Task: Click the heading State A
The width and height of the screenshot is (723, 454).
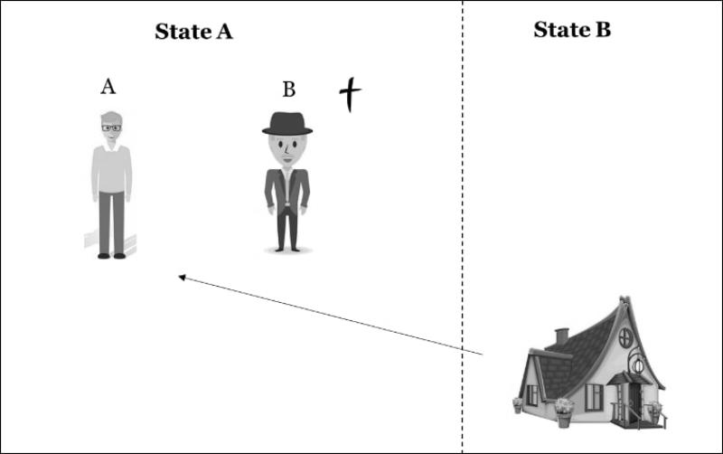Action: [x=193, y=32]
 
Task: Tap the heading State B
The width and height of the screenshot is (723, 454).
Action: [x=572, y=30]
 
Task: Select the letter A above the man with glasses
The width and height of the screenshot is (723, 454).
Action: [x=108, y=86]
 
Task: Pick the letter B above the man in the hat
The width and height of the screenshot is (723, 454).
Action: [x=288, y=89]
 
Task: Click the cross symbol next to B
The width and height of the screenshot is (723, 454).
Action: [x=350, y=94]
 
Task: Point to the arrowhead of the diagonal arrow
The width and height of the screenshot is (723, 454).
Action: [x=182, y=278]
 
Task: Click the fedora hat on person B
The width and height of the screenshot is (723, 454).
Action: [x=287, y=124]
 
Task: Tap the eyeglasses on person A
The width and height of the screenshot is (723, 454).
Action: [x=111, y=128]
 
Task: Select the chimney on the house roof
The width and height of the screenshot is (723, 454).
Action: [x=561, y=336]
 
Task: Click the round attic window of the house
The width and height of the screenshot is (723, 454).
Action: [x=625, y=338]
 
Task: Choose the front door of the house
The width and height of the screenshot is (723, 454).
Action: [x=634, y=401]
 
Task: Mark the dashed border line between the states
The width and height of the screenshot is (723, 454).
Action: [x=463, y=227]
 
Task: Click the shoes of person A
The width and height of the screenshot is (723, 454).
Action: [x=111, y=256]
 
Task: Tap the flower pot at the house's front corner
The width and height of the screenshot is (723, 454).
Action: [x=564, y=412]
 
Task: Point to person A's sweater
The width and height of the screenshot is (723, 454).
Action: [x=111, y=169]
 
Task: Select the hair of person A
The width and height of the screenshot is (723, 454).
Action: [x=111, y=118]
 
